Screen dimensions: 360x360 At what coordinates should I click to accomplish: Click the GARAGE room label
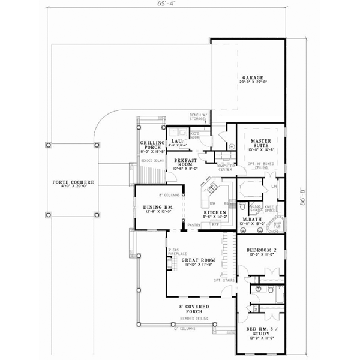click(250, 79)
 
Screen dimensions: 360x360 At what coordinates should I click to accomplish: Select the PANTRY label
click(194, 224)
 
